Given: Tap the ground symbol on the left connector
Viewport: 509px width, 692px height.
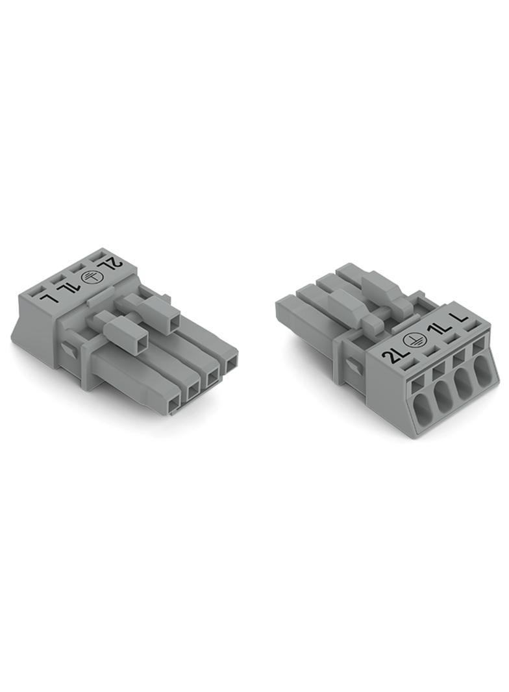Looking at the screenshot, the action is [90, 278].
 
